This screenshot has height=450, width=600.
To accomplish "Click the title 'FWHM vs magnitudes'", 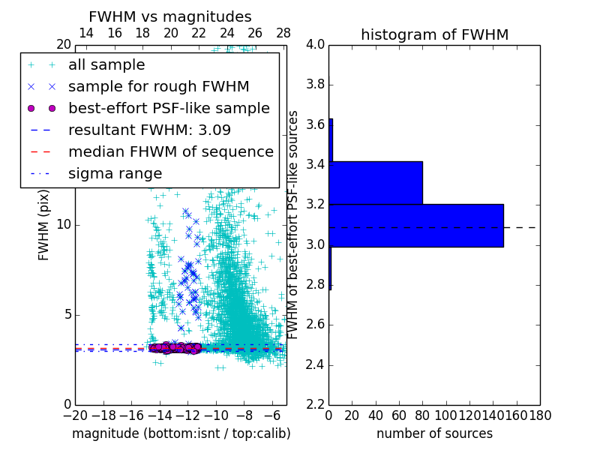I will pyautogui.click(x=170, y=16).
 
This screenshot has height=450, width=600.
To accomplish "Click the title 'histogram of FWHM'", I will pyautogui.click(x=434, y=34).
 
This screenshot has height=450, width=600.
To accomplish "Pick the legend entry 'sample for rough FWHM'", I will pyautogui.click(x=158, y=86).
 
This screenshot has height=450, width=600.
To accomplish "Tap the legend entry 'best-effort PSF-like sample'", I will pyautogui.click(x=169, y=108).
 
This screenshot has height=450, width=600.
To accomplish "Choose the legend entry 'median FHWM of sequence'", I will pyautogui.click(x=170, y=151).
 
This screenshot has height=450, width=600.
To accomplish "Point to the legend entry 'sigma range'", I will pyautogui.click(x=115, y=173).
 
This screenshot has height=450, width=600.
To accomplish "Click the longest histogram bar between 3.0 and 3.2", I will pyautogui.click(x=416, y=225).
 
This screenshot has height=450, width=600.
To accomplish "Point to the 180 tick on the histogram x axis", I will pyautogui.click(x=540, y=415).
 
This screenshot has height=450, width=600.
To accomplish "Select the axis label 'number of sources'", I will pyautogui.click(x=434, y=433).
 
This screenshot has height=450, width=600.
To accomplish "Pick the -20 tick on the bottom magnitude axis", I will pyautogui.click(x=74, y=415).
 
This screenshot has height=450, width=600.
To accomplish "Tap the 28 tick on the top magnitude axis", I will pyautogui.click(x=283, y=33).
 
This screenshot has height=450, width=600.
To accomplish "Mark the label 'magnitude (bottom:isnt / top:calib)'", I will pyautogui.click(x=181, y=433).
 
